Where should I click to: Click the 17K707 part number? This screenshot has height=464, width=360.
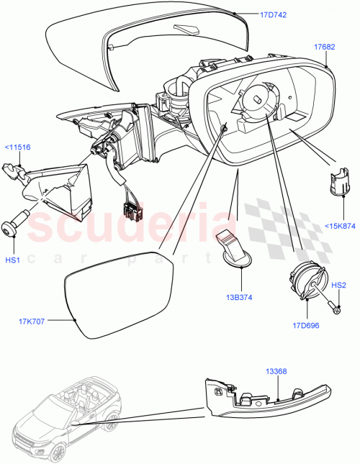31,322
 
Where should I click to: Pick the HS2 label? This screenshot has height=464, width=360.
339,286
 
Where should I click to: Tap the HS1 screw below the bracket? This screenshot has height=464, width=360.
15,224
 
